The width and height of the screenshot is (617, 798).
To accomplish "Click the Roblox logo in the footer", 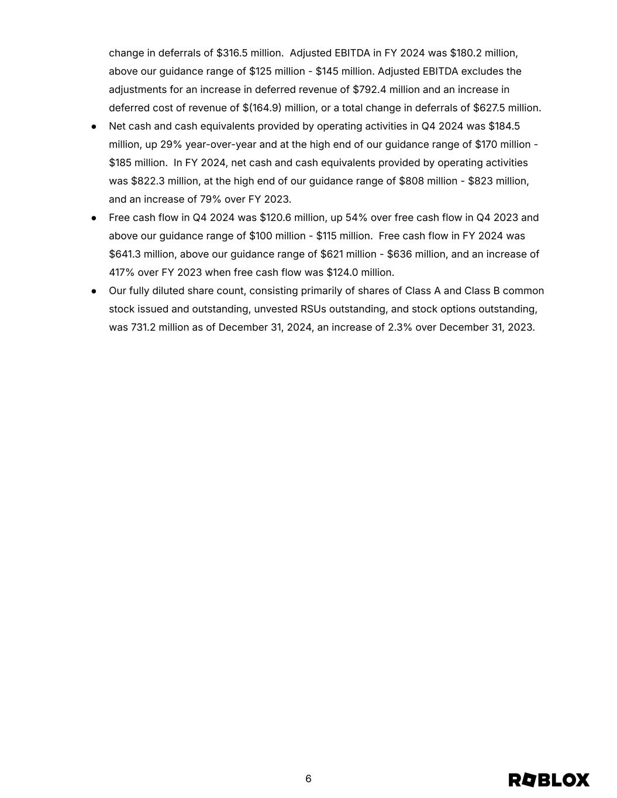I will click(549, 780).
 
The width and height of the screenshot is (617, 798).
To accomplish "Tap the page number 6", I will click(308, 779).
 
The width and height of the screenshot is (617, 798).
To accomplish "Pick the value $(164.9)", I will click(262, 108).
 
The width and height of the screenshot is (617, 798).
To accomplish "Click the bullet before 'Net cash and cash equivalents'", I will click(94, 127).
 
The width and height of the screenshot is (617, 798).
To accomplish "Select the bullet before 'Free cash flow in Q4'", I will click(94, 218).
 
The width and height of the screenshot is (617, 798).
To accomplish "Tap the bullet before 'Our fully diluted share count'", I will click(94, 291).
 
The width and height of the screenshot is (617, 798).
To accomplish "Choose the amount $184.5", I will click(504, 126).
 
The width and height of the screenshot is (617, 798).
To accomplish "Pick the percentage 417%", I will click(122, 272).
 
